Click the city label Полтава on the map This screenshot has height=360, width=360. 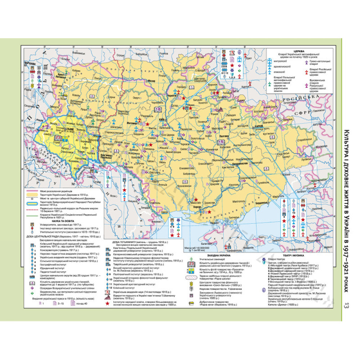point(223,136)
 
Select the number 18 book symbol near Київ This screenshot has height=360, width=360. point(157,109)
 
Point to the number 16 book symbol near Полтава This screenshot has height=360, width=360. point(221,142)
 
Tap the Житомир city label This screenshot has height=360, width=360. point(129,123)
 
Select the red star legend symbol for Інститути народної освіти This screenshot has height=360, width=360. point(107,303)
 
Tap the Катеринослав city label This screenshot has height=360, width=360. point(236,163)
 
